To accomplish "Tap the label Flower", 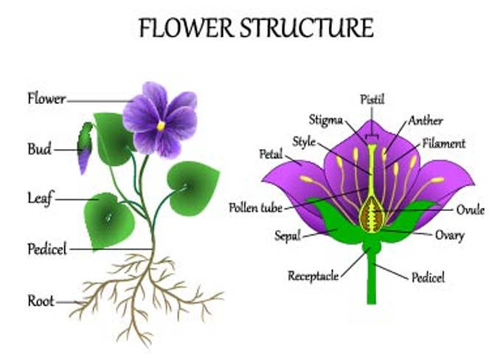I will pos(46,98).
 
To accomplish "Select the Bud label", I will pos(39,149).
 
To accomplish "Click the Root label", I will pos(41,301).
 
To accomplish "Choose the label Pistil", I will pos(372,99).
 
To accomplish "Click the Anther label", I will pos(426,120).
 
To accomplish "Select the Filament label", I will pos(444,143).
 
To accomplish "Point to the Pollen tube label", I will pos(255,207).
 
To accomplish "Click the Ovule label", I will pos(470,210).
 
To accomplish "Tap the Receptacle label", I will pos(313,276).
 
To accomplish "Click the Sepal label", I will pos(287,237).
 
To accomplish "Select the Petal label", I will pos(271,155).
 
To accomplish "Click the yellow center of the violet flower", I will pos(161,125).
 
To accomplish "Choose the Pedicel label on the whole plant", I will pos(46,249).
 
